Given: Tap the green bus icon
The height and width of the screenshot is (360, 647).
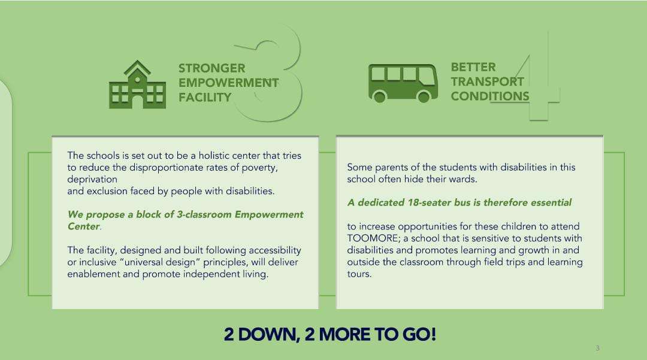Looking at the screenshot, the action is (x=403, y=83).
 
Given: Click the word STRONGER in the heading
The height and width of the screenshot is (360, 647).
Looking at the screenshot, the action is (x=211, y=68).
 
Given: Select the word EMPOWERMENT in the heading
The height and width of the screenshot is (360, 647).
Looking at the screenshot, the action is (x=229, y=83).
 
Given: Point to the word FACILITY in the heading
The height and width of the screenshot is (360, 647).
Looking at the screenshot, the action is (x=205, y=97).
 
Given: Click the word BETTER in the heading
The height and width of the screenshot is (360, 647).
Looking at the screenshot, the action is (x=473, y=67).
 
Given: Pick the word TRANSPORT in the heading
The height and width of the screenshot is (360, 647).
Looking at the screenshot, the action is (x=487, y=81).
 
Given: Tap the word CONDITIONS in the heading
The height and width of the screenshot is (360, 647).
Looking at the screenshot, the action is (x=490, y=96).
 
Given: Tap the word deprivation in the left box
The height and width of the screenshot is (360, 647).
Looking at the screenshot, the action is (x=92, y=179).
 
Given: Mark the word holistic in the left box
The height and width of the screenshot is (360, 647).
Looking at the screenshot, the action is (x=214, y=156).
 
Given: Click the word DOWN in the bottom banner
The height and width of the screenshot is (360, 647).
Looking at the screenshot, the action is (x=269, y=334).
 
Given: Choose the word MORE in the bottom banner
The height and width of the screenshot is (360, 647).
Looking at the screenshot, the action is (x=344, y=334).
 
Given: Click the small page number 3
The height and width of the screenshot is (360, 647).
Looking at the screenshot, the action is (x=597, y=348).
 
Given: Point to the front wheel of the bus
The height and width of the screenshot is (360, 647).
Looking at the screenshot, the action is (x=424, y=97).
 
